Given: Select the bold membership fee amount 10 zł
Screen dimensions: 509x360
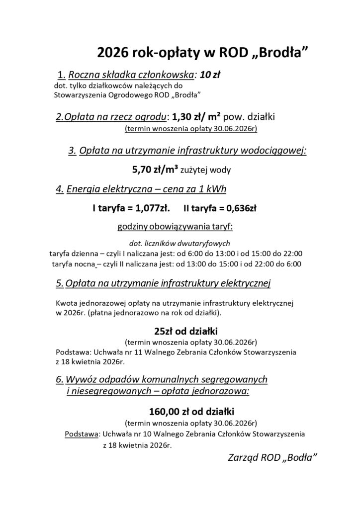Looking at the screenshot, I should tap(210, 75).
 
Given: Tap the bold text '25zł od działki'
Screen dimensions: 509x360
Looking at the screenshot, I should tap(180, 331).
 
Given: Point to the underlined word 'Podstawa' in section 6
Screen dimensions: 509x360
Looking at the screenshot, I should tap(82, 433).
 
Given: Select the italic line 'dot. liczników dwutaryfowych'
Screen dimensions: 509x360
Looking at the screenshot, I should tap(179, 243).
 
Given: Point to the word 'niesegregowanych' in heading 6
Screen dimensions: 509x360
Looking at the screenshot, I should tap(101, 391).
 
